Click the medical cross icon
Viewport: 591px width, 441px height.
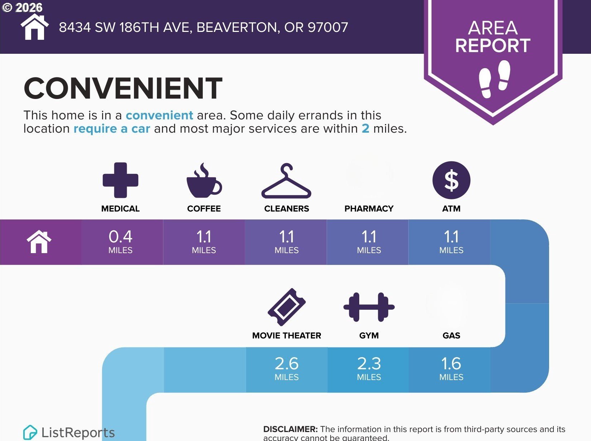[120, 180]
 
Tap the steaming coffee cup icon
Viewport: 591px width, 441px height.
[204, 180]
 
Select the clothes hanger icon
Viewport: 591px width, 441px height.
[286, 181]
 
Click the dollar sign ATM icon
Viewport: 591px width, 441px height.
[451, 180]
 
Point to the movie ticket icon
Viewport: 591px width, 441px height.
[287, 307]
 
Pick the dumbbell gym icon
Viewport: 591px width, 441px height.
[369, 307]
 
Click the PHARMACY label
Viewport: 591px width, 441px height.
[369, 209]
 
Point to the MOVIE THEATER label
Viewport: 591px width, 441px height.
[287, 335]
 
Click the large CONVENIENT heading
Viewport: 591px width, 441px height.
[123, 88]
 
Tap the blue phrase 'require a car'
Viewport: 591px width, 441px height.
[112, 128]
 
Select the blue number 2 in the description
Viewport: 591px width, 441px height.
[365, 128]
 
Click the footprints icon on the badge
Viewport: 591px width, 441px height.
[494, 79]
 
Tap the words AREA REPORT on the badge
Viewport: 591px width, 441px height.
[493, 37]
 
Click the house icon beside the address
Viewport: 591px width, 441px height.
[35, 27]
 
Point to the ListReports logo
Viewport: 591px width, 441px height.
[69, 432]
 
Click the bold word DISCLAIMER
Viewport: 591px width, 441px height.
[290, 429]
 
